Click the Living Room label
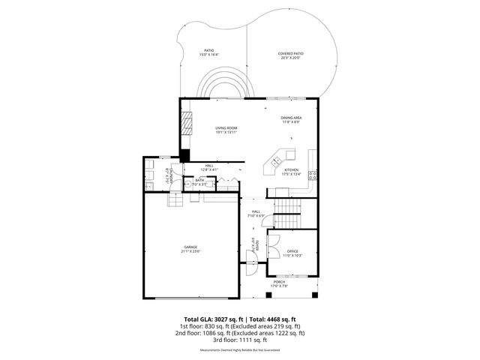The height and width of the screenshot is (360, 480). click(226, 130)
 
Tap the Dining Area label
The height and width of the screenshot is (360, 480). click(291, 119)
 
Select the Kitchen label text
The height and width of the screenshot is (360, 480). click(291, 172)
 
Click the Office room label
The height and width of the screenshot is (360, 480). click(292, 253)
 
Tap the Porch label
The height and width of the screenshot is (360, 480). click(289, 283)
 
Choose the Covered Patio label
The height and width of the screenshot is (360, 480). click(290, 55)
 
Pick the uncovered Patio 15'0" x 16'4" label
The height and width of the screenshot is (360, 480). click(208, 53)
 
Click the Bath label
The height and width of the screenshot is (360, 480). click(199, 181)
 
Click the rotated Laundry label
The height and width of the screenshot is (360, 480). click(169, 177)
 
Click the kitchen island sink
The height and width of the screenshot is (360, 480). click(276, 160)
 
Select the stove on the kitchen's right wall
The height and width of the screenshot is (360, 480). click(313, 177)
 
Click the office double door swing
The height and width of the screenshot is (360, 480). click(274, 243)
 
